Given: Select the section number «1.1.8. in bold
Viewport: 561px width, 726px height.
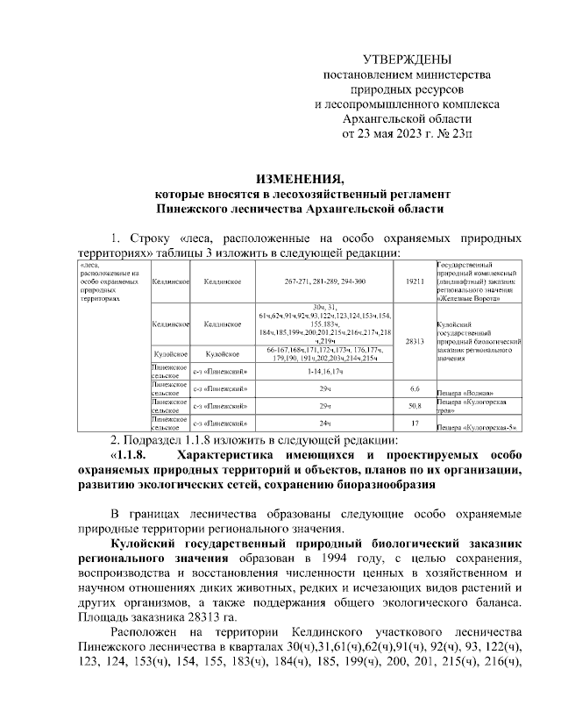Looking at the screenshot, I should pos(127,456).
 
